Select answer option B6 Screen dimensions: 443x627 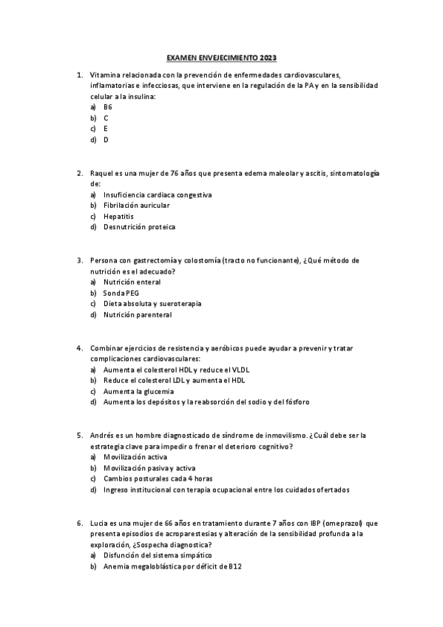point(107,107)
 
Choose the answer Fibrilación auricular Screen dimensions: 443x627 point(137,206)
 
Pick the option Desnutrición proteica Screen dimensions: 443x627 point(140,227)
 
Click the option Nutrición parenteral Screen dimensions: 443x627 point(138,315)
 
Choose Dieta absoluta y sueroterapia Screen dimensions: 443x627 point(152,304)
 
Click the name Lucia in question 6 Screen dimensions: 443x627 point(99,523)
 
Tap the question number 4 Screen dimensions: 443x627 point(79,348)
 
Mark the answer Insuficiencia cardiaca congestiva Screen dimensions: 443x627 point(158,194)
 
